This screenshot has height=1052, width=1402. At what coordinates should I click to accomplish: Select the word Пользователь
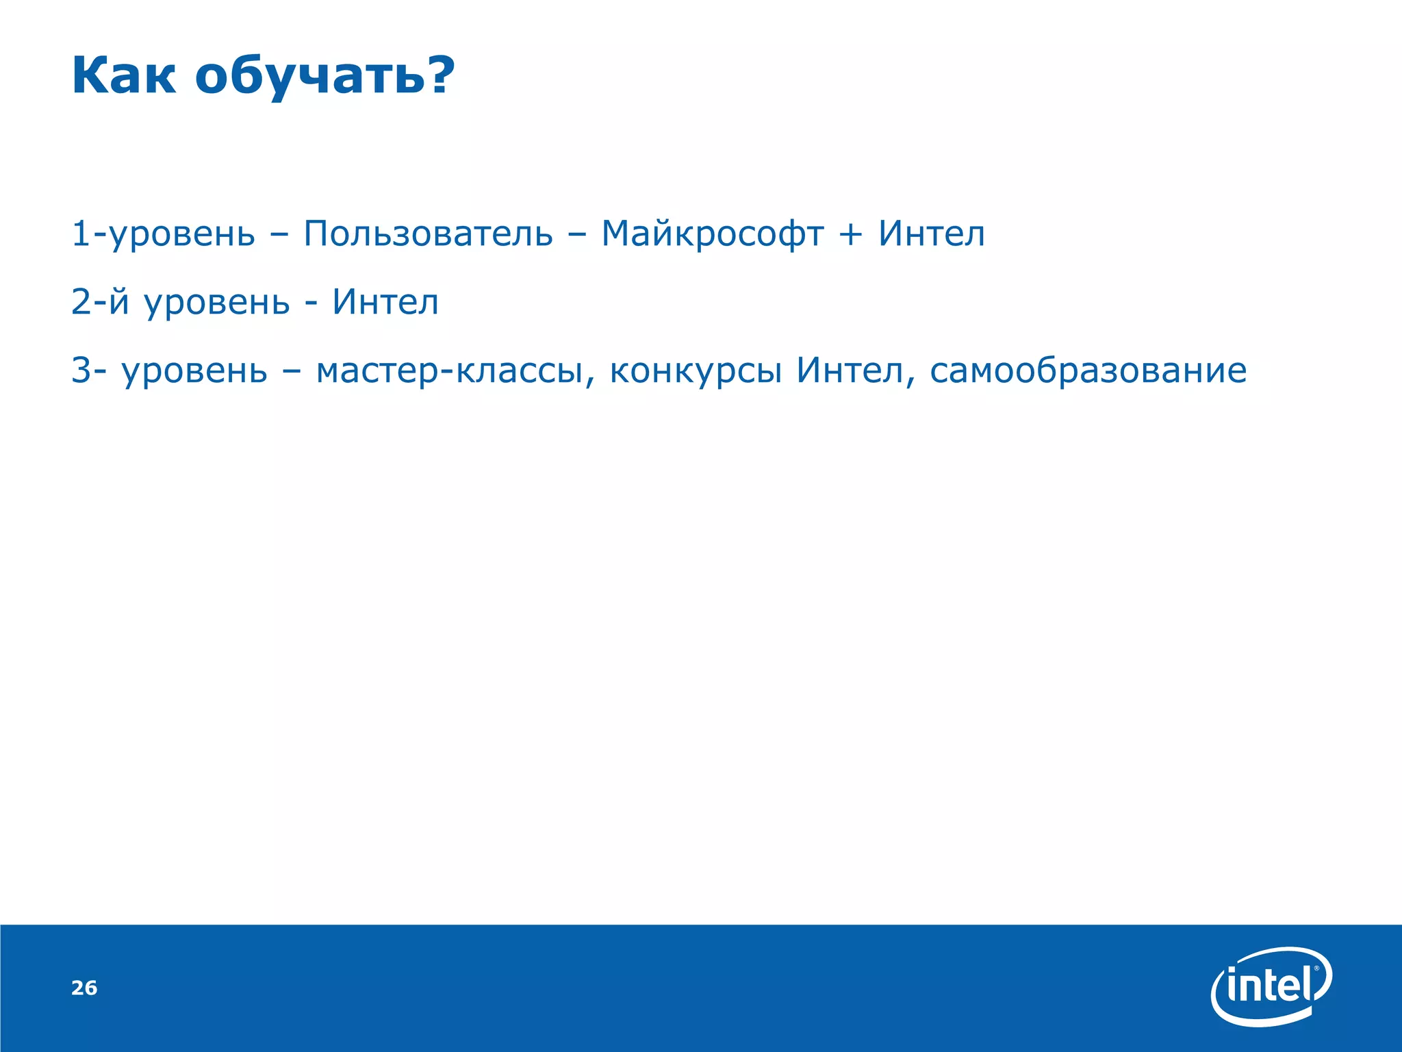point(428,234)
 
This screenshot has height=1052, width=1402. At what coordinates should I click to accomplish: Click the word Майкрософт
point(712,234)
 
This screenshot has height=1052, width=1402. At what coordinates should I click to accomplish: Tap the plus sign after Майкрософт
point(850,235)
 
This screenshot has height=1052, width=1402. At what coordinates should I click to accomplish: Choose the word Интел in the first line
point(932,234)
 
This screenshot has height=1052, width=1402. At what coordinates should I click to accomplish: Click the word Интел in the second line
point(385,302)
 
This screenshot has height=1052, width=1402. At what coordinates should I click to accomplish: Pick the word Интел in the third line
point(850,371)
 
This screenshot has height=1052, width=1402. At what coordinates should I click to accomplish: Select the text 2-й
point(100,302)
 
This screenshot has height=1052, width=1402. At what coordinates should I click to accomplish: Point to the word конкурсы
point(696,371)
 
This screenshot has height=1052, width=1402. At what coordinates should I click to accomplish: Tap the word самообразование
point(1088,371)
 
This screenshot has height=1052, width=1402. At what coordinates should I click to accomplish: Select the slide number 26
point(84,988)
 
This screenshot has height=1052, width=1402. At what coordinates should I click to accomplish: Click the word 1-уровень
point(163,235)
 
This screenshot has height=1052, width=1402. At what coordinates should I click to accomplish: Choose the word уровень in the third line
point(194,372)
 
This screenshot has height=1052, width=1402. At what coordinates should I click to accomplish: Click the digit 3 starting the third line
point(81,371)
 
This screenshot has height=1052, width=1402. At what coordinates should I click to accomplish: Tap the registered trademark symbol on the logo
point(1316,969)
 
